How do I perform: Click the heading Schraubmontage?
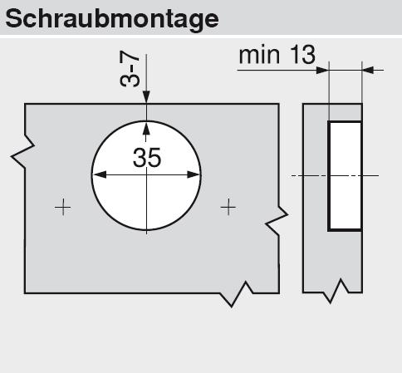tap(112, 19)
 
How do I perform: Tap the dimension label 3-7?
tap(130, 69)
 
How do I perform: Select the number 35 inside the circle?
tap(147, 158)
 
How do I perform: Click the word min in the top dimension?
tap(259, 56)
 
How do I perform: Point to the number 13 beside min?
tap(303, 55)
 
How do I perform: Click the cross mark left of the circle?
tap(63, 207)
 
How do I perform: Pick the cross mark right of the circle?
tap(228, 207)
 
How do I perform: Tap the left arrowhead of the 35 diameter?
tap(99, 174)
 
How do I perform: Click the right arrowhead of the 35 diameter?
tap(194, 174)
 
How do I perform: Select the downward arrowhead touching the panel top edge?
tap(146, 97)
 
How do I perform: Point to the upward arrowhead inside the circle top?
tap(146, 128)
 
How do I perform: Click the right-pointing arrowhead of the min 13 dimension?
tap(322, 71)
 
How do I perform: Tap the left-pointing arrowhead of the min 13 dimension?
tap(368, 71)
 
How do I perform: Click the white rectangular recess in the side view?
tap(346, 175)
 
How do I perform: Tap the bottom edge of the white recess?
tap(345, 229)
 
